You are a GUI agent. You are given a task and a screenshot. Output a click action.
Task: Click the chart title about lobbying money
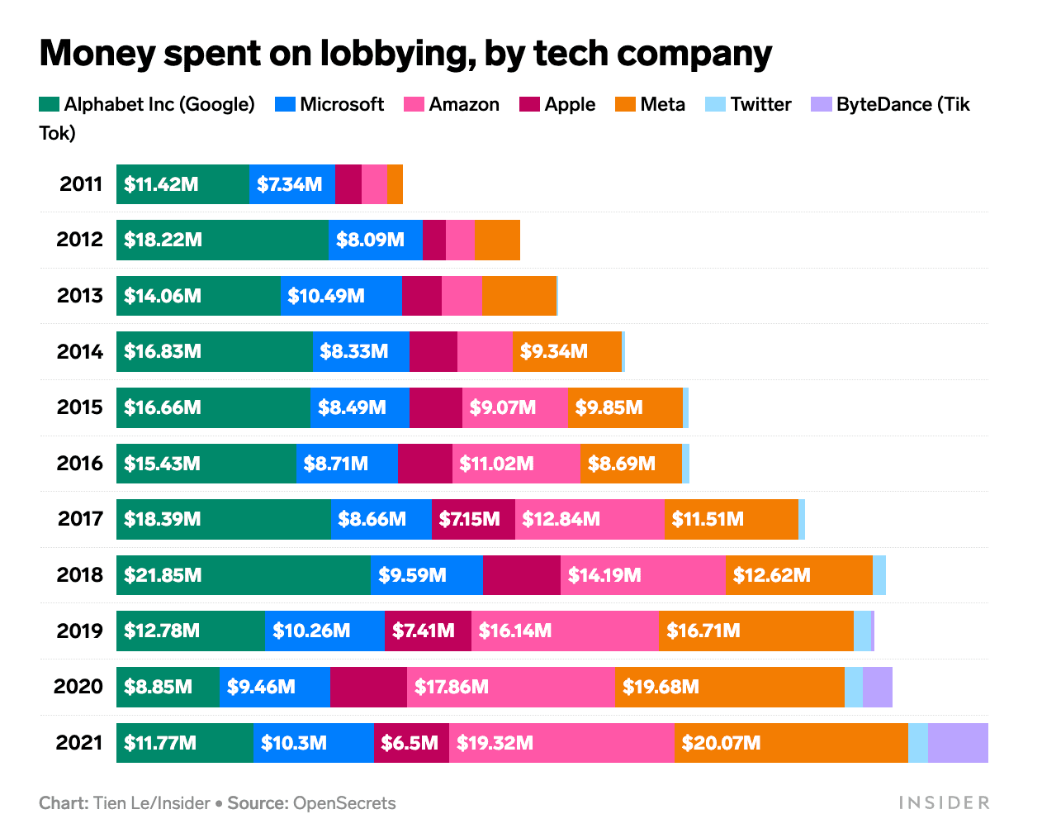coord(405,54)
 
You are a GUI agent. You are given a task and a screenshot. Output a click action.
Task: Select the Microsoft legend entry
coord(329,104)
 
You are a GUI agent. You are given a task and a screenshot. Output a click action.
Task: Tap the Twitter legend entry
coord(749,104)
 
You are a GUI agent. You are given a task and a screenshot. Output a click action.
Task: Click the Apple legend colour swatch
coord(529,104)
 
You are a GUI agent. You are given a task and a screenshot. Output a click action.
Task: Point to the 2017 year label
coord(80,519)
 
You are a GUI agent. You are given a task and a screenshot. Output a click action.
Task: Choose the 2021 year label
coord(79,742)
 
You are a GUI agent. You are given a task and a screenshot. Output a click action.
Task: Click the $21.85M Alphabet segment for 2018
coord(244,575)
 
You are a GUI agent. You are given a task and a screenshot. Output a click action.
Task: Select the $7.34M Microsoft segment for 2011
coord(291,184)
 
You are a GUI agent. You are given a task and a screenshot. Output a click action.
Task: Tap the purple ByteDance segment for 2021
coord(958,742)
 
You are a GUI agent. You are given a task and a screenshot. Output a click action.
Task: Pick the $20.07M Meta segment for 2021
coord(791,742)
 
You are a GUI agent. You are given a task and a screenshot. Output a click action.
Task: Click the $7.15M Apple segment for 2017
coord(473,519)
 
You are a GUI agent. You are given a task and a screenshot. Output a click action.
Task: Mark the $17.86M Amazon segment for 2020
coord(511,687)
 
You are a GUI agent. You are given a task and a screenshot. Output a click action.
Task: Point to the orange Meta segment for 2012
coord(497,240)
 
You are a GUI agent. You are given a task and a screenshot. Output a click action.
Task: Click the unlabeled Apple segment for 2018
coord(522,575)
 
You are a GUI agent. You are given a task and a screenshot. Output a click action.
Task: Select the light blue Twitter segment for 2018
coord(879,575)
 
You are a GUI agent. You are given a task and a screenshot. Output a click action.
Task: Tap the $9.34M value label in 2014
coord(554,352)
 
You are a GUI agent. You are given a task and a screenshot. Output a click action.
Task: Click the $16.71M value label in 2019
coord(703,631)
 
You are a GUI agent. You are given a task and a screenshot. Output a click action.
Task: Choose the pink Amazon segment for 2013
coord(462,296)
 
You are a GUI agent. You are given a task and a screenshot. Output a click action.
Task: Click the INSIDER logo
coord(944,802)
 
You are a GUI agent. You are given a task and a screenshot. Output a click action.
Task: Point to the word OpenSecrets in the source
coord(344,803)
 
